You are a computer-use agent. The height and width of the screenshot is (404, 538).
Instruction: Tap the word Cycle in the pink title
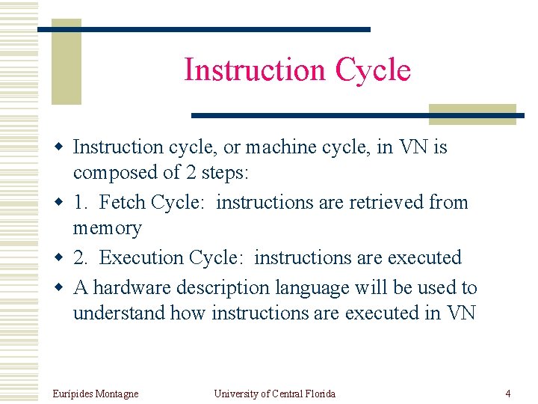[x=373, y=70]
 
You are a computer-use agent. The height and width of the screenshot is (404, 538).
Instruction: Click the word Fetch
[x=123, y=202]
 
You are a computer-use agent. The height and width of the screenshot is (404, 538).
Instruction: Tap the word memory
[x=107, y=228]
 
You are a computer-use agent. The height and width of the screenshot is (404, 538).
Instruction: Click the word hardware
[x=137, y=287]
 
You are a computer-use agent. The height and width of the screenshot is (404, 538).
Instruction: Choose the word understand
[x=119, y=313]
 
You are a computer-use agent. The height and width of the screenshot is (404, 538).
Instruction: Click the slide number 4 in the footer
[x=508, y=394]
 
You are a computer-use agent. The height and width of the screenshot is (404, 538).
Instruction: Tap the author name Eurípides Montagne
[x=96, y=394]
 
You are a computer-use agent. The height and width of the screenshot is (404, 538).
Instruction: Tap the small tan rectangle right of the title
[x=472, y=113]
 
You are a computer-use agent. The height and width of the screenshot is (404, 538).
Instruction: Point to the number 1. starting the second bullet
[x=81, y=202]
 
